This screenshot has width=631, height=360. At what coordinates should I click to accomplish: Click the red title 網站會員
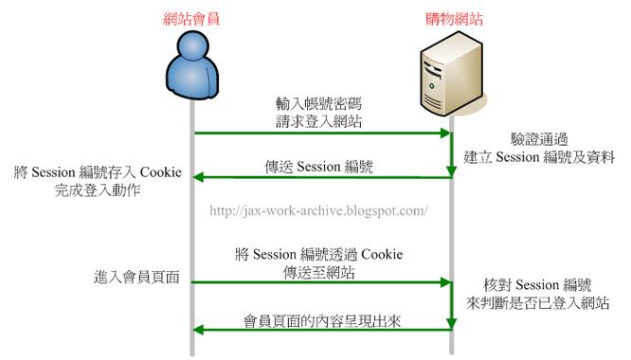click(x=192, y=17)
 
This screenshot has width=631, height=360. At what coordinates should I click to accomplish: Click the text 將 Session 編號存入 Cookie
click(x=95, y=174)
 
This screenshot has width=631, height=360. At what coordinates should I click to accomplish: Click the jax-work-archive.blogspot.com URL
click(x=317, y=209)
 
